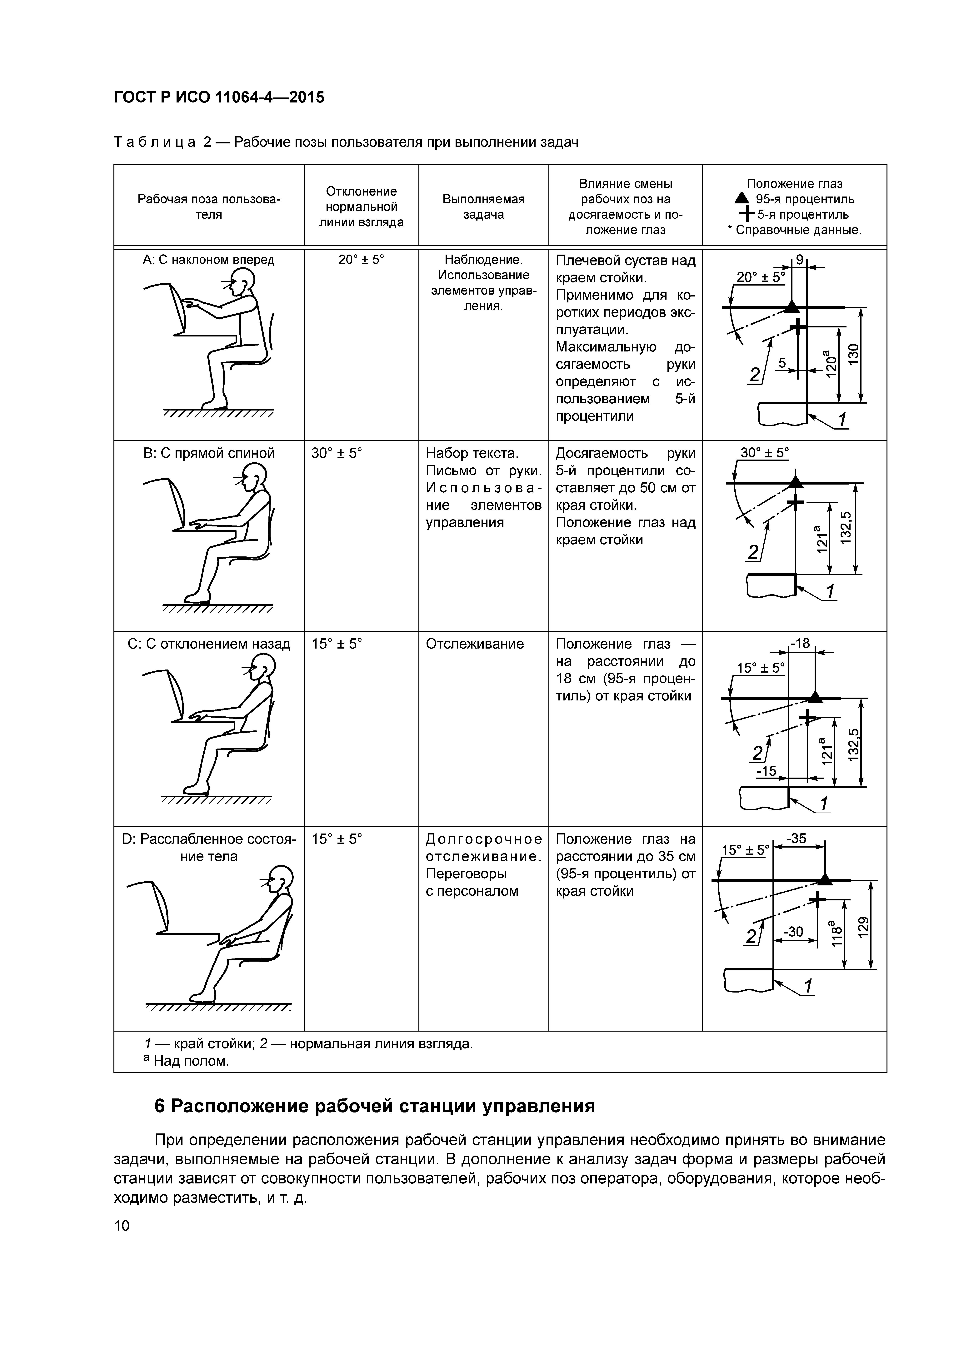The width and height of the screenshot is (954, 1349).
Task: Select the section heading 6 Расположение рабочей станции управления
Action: click(x=374, y=1106)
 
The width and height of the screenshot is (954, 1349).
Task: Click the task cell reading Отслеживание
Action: click(x=474, y=644)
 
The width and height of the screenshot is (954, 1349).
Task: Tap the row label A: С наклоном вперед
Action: click(x=209, y=259)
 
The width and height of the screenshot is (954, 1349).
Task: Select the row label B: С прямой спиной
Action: click(x=209, y=453)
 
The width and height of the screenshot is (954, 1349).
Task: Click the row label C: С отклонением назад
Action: click(x=209, y=644)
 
